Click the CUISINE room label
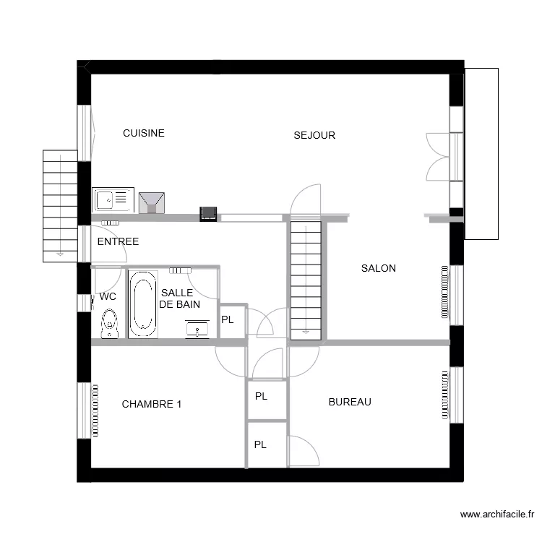click(143, 133)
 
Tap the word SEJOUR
click(314, 135)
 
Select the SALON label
click(378, 268)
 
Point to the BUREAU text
click(349, 402)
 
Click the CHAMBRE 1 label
click(151, 404)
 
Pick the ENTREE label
click(118, 241)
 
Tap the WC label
click(108, 296)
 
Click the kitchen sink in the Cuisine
click(113, 199)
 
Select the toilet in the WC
click(110, 323)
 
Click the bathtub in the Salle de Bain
click(143, 304)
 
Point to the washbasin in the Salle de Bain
click(198, 329)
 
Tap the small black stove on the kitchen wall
click(208, 212)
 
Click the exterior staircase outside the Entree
click(60, 205)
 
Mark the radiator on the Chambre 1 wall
click(94, 410)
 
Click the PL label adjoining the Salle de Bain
click(227, 319)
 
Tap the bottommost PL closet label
click(260, 444)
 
